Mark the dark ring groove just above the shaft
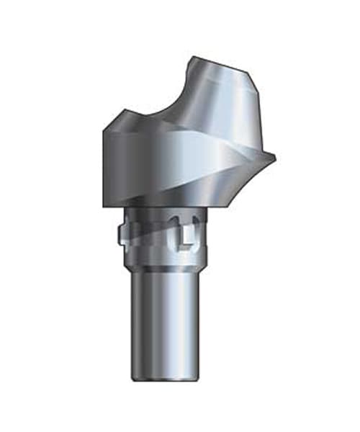166,266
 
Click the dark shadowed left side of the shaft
139,324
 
